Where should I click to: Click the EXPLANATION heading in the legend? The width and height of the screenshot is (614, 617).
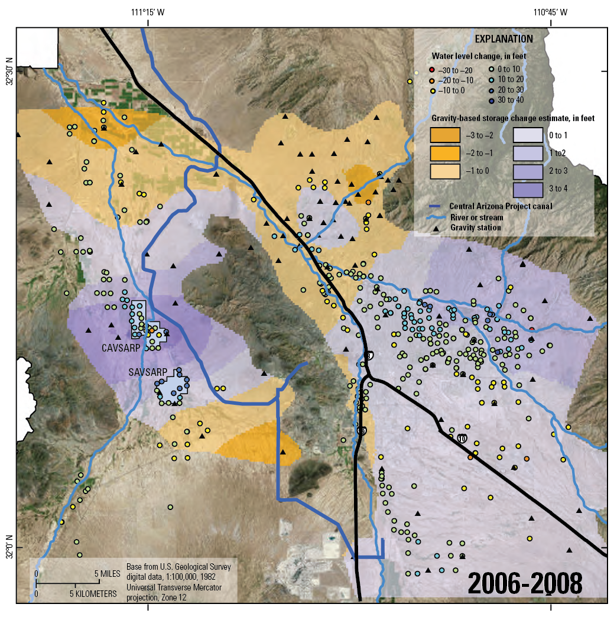tap(504, 39)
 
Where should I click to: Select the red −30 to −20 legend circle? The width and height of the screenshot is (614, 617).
tap(432, 70)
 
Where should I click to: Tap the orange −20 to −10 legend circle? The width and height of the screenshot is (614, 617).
tap(432, 80)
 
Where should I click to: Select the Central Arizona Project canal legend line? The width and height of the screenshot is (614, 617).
tap(438, 206)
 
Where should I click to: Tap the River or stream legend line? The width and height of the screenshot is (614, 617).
tap(438, 217)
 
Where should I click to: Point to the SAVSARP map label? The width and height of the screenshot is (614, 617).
tap(146, 373)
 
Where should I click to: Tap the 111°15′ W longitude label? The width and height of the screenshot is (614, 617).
tap(148, 12)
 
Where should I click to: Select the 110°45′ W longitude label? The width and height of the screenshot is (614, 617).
tap(550, 12)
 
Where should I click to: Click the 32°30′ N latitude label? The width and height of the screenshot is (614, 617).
tap(8, 71)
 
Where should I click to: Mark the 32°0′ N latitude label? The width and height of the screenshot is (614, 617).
tap(8, 547)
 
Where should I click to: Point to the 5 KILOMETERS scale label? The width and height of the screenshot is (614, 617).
tap(94, 593)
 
